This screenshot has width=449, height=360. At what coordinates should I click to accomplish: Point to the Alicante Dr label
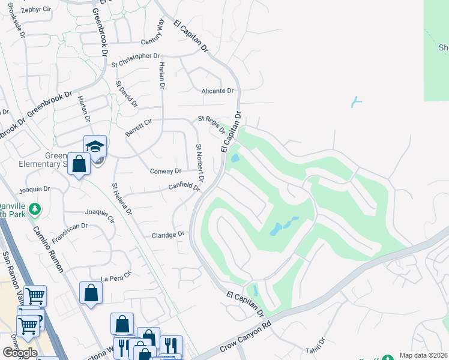[x=217, y=91]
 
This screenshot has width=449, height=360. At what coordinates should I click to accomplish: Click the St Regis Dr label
[x=211, y=125]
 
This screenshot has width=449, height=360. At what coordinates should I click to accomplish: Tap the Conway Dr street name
[x=165, y=171]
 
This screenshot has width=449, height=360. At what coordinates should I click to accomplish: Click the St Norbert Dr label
[x=200, y=163]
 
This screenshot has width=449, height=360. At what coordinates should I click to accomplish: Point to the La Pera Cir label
[x=115, y=278]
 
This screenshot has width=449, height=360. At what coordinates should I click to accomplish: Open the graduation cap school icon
[x=95, y=146]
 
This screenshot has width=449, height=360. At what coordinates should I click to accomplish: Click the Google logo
[x=19, y=352]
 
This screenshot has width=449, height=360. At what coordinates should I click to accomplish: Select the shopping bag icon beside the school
[x=79, y=163]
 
